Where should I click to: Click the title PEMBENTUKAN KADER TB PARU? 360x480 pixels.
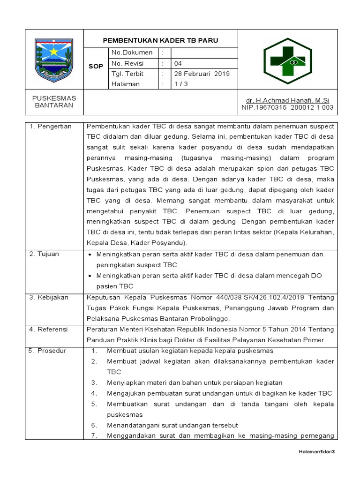(x=160, y=40)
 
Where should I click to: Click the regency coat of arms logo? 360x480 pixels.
(x=54, y=60)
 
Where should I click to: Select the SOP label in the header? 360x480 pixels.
(x=96, y=67)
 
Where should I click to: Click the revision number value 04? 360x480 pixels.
(x=178, y=63)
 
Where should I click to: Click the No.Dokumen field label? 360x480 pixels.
(x=132, y=53)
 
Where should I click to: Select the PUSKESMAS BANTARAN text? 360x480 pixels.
(x=54, y=102)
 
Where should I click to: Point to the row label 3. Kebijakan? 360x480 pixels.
(x=49, y=297)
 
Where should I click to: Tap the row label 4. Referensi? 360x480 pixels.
(x=49, y=329)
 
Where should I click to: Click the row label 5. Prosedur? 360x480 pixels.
(x=48, y=351)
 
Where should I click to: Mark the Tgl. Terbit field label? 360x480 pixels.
(x=127, y=74)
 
